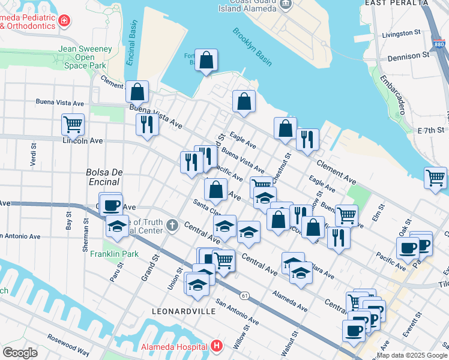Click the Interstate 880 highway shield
click(x=439, y=44)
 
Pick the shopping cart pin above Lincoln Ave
click(x=73, y=125)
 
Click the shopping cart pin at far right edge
click(x=435, y=178)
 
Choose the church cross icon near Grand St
click(x=173, y=226)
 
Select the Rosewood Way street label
click(x=68, y=344)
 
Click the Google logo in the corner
click(x=20, y=352)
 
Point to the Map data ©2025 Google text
click(x=411, y=355)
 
